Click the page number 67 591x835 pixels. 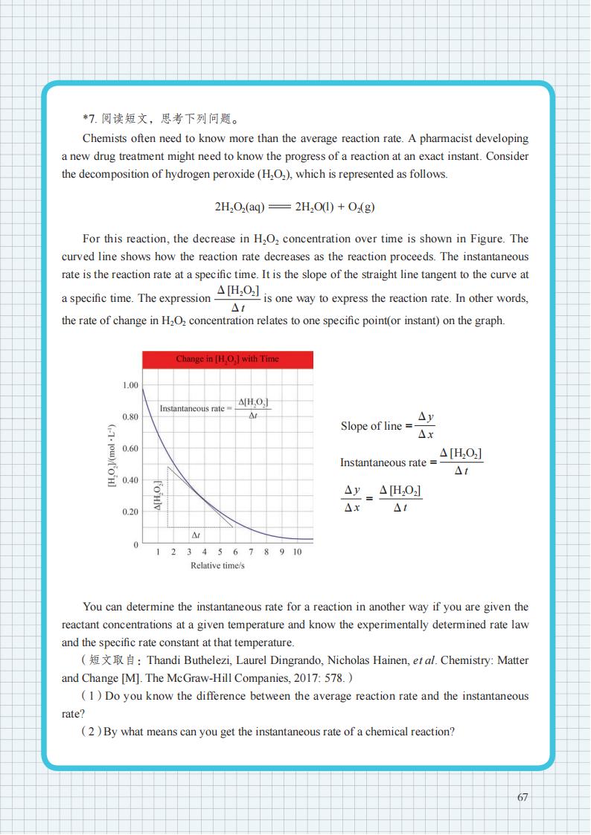(x=523, y=797)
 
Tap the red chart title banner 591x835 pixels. (x=228, y=359)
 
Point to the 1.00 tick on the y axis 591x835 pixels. (x=130, y=385)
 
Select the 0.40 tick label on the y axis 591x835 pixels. (x=130, y=480)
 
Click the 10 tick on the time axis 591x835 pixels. (x=297, y=552)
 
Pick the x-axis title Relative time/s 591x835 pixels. (x=217, y=566)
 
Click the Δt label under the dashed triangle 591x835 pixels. (x=196, y=535)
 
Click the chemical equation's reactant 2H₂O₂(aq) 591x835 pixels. (x=240, y=207)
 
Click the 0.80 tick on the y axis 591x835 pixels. (x=130, y=417)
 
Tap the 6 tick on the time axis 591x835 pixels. (x=234, y=552)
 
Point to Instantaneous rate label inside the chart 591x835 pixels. (x=192, y=409)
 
